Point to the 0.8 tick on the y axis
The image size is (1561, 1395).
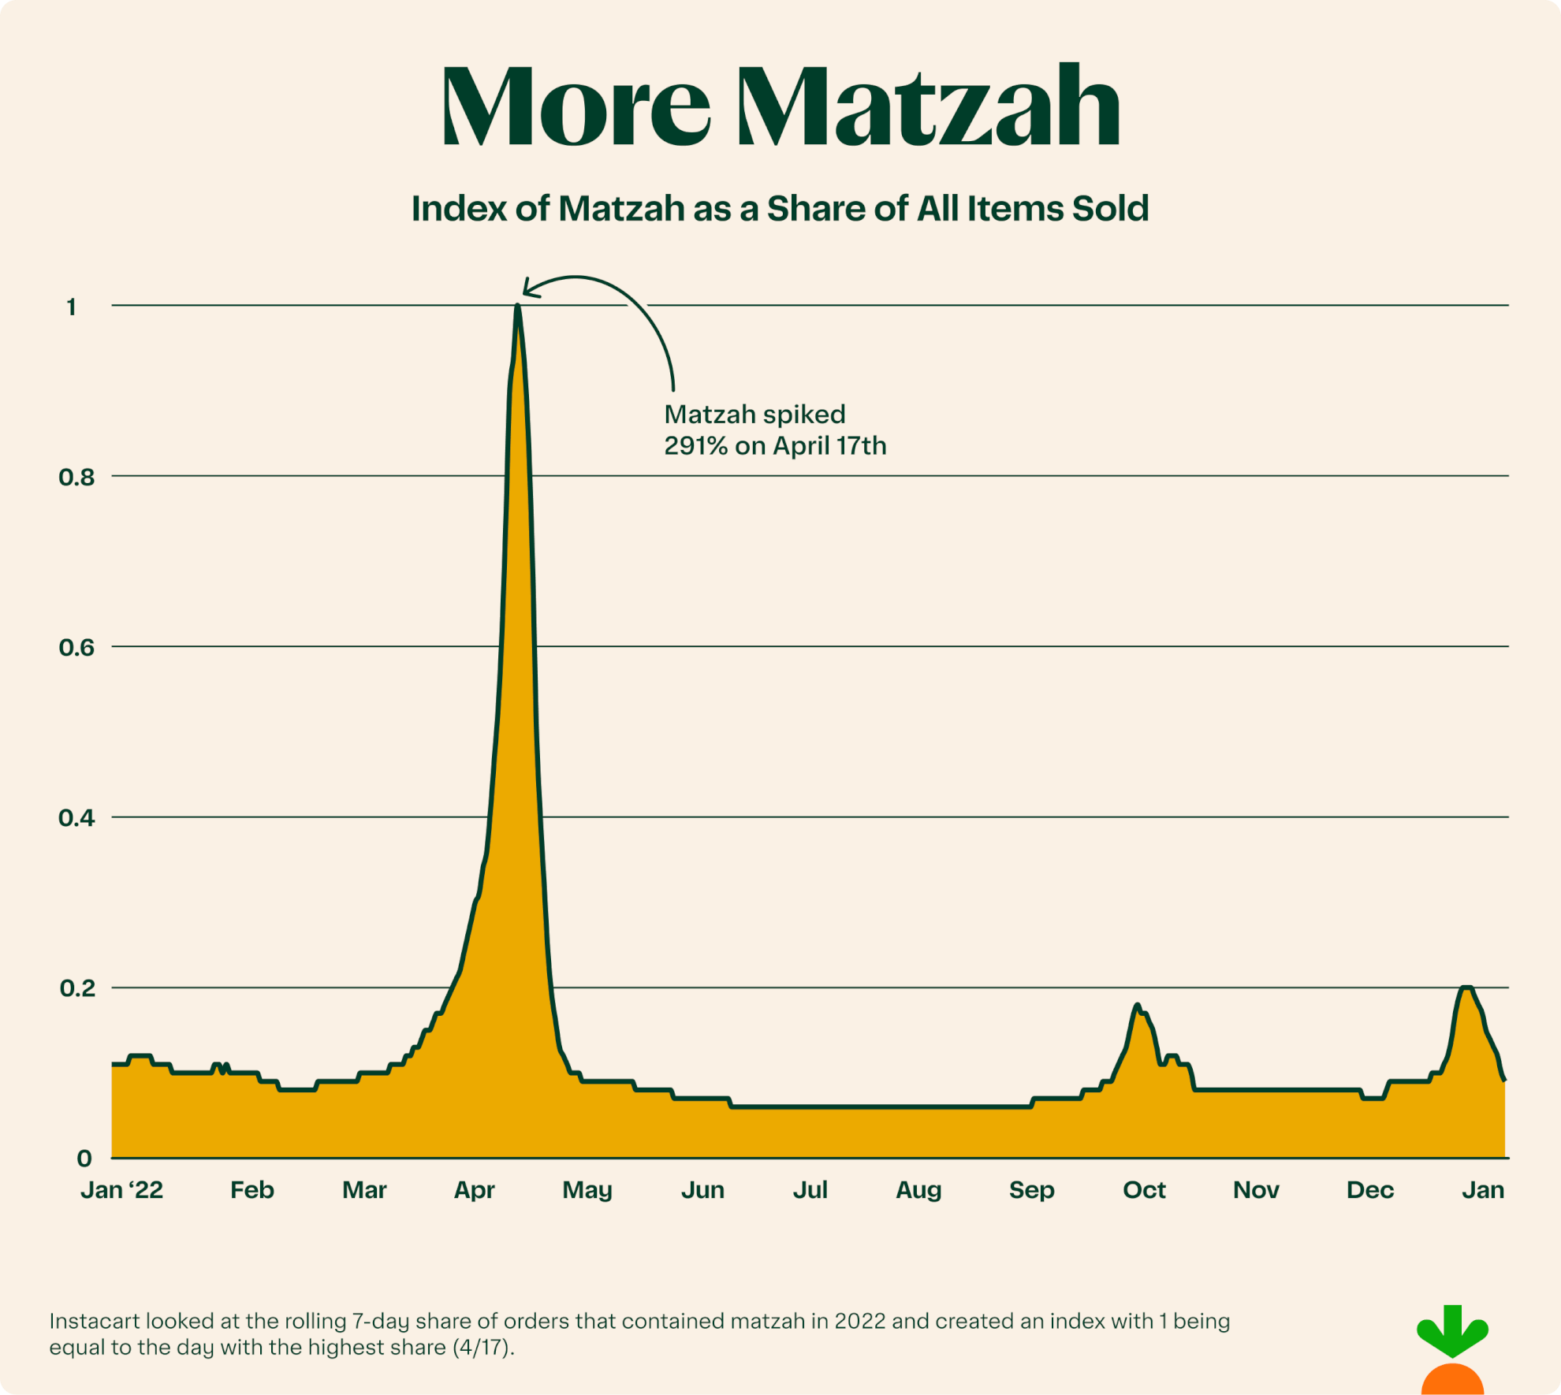point(76,477)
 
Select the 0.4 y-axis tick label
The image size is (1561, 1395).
point(76,818)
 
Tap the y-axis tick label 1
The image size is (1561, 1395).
point(72,307)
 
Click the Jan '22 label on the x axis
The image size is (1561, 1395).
point(122,1189)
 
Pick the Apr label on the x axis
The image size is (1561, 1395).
point(474,1189)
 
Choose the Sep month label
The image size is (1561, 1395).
point(1031,1189)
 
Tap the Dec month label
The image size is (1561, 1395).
point(1369,1189)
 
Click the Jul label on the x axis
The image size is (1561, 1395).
point(810,1189)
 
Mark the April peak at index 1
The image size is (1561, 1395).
point(517,307)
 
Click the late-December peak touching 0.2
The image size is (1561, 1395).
point(1466,988)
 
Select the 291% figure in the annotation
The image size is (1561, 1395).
point(695,446)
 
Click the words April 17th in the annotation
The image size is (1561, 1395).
point(829,446)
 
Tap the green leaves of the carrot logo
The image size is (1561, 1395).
point(1452,1330)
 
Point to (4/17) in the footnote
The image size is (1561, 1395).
point(483,1347)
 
